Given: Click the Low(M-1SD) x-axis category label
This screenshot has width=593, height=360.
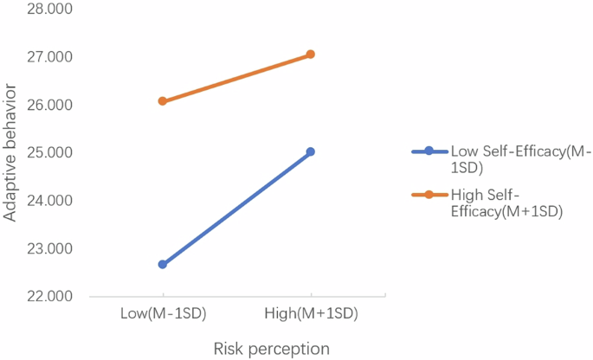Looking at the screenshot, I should pos(163,313).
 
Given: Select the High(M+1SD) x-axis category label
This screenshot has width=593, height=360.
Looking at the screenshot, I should pos(310,313).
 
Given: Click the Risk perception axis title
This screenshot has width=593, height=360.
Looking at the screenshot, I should pos(271,348).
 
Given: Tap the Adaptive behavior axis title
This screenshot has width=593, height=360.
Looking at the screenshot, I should pos(11,153).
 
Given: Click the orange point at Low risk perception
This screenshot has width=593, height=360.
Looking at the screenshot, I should pos(163,101).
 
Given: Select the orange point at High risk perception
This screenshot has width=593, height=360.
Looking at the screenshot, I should pos(310,55).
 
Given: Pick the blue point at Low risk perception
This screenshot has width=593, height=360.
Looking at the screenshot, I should pos(163,265).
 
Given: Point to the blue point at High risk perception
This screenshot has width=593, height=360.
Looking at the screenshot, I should pos(310,151).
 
